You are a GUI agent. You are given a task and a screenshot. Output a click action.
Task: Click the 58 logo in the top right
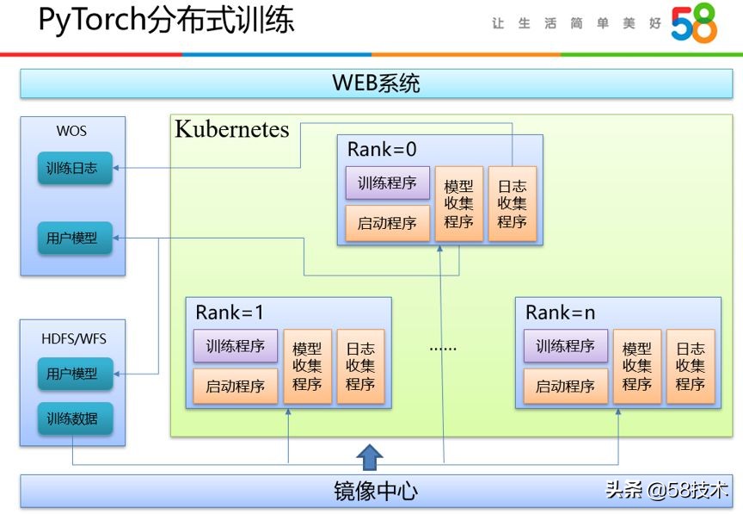tap(693, 24)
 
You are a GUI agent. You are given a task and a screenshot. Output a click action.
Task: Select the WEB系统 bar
tap(376, 84)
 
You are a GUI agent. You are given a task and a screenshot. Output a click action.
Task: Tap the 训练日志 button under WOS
tap(74, 169)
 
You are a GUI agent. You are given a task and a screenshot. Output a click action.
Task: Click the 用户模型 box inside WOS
tap(74, 238)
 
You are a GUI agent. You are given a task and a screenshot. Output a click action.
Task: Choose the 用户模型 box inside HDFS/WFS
tap(74, 375)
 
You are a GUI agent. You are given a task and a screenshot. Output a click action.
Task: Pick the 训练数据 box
tap(74, 419)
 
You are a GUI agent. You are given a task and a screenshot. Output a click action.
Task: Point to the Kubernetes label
tap(232, 130)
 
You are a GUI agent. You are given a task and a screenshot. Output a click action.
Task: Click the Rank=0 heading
tap(382, 149)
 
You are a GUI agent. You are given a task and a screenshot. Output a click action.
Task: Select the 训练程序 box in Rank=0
tap(387, 183)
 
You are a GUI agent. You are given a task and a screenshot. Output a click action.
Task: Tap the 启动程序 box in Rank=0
tap(387, 223)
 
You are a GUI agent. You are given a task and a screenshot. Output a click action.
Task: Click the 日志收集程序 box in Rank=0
tap(512, 203)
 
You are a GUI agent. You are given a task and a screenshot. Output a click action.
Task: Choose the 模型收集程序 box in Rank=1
tap(307, 367)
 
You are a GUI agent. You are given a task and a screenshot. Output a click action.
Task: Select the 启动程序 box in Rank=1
tap(235, 386)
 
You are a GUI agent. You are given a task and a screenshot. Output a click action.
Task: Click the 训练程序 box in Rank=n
tap(565, 346)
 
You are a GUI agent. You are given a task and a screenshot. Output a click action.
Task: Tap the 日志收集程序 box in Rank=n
tap(690, 367)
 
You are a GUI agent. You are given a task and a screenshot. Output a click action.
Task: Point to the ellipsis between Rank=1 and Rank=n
tap(444, 348)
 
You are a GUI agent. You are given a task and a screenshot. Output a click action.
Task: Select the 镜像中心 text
tap(376, 491)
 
